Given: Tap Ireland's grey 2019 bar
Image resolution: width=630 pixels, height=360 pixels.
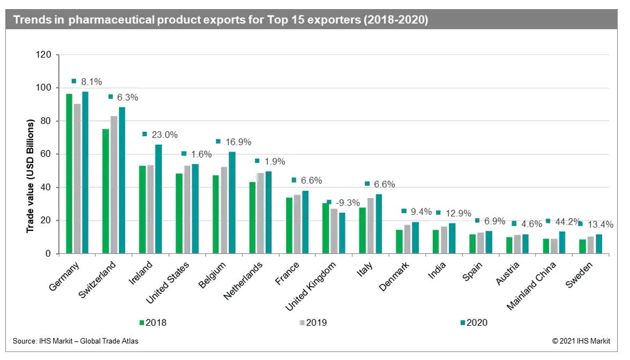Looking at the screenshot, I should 150,209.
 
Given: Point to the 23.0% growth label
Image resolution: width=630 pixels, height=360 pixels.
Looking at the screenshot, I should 167,134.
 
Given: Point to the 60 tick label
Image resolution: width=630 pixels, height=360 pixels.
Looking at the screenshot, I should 47,154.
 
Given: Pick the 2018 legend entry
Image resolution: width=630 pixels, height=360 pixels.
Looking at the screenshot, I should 156,322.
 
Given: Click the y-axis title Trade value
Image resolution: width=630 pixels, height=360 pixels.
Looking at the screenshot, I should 31,177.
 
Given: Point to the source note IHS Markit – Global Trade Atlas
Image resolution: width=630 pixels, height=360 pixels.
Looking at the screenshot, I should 75,341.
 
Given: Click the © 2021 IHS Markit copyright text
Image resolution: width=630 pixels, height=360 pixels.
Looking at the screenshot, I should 581,341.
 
